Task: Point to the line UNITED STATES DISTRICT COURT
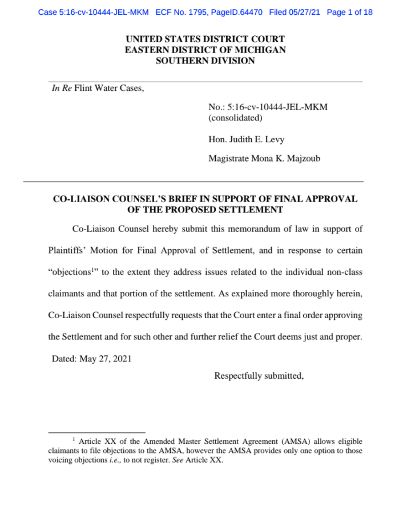[x=205, y=39]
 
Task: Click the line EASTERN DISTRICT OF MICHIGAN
[x=205, y=50]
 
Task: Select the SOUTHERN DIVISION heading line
[x=205, y=60]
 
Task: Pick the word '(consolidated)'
[x=235, y=118]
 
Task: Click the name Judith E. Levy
[x=256, y=139]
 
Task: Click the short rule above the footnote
[x=96, y=432]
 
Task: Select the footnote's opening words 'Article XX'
[x=96, y=441]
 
